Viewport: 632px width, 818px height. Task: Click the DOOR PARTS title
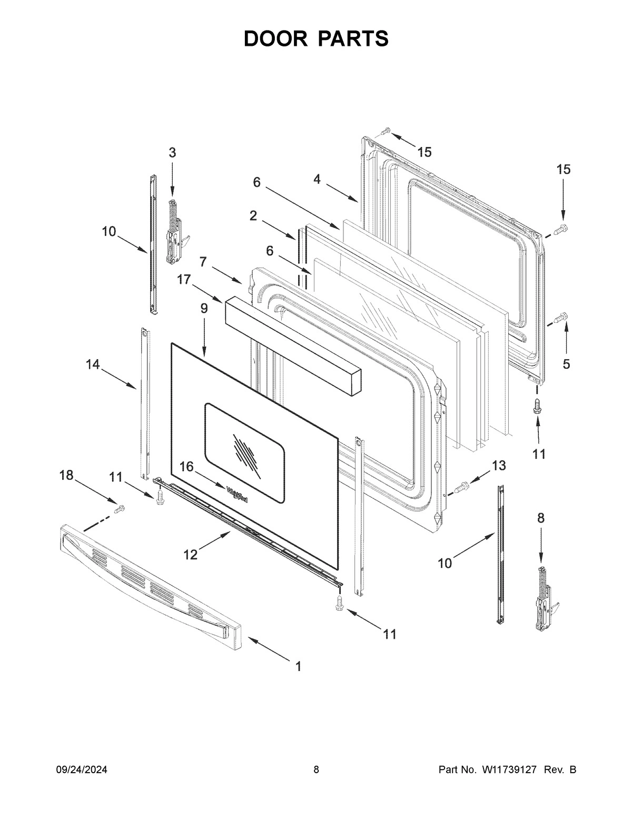(316, 39)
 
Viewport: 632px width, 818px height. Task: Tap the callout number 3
(172, 153)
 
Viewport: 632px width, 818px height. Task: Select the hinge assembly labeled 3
(175, 232)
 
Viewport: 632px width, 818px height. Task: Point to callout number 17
(183, 279)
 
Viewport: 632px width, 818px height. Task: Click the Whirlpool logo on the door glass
(238, 495)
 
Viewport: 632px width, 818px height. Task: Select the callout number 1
(298, 666)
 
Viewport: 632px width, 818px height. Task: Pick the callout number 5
(566, 364)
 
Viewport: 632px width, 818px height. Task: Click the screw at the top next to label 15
(386, 130)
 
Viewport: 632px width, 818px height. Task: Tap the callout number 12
(191, 555)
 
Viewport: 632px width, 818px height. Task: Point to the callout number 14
(93, 364)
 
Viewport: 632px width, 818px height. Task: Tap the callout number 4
(317, 179)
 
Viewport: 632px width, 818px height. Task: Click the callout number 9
(204, 310)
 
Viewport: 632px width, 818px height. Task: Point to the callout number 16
(187, 466)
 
